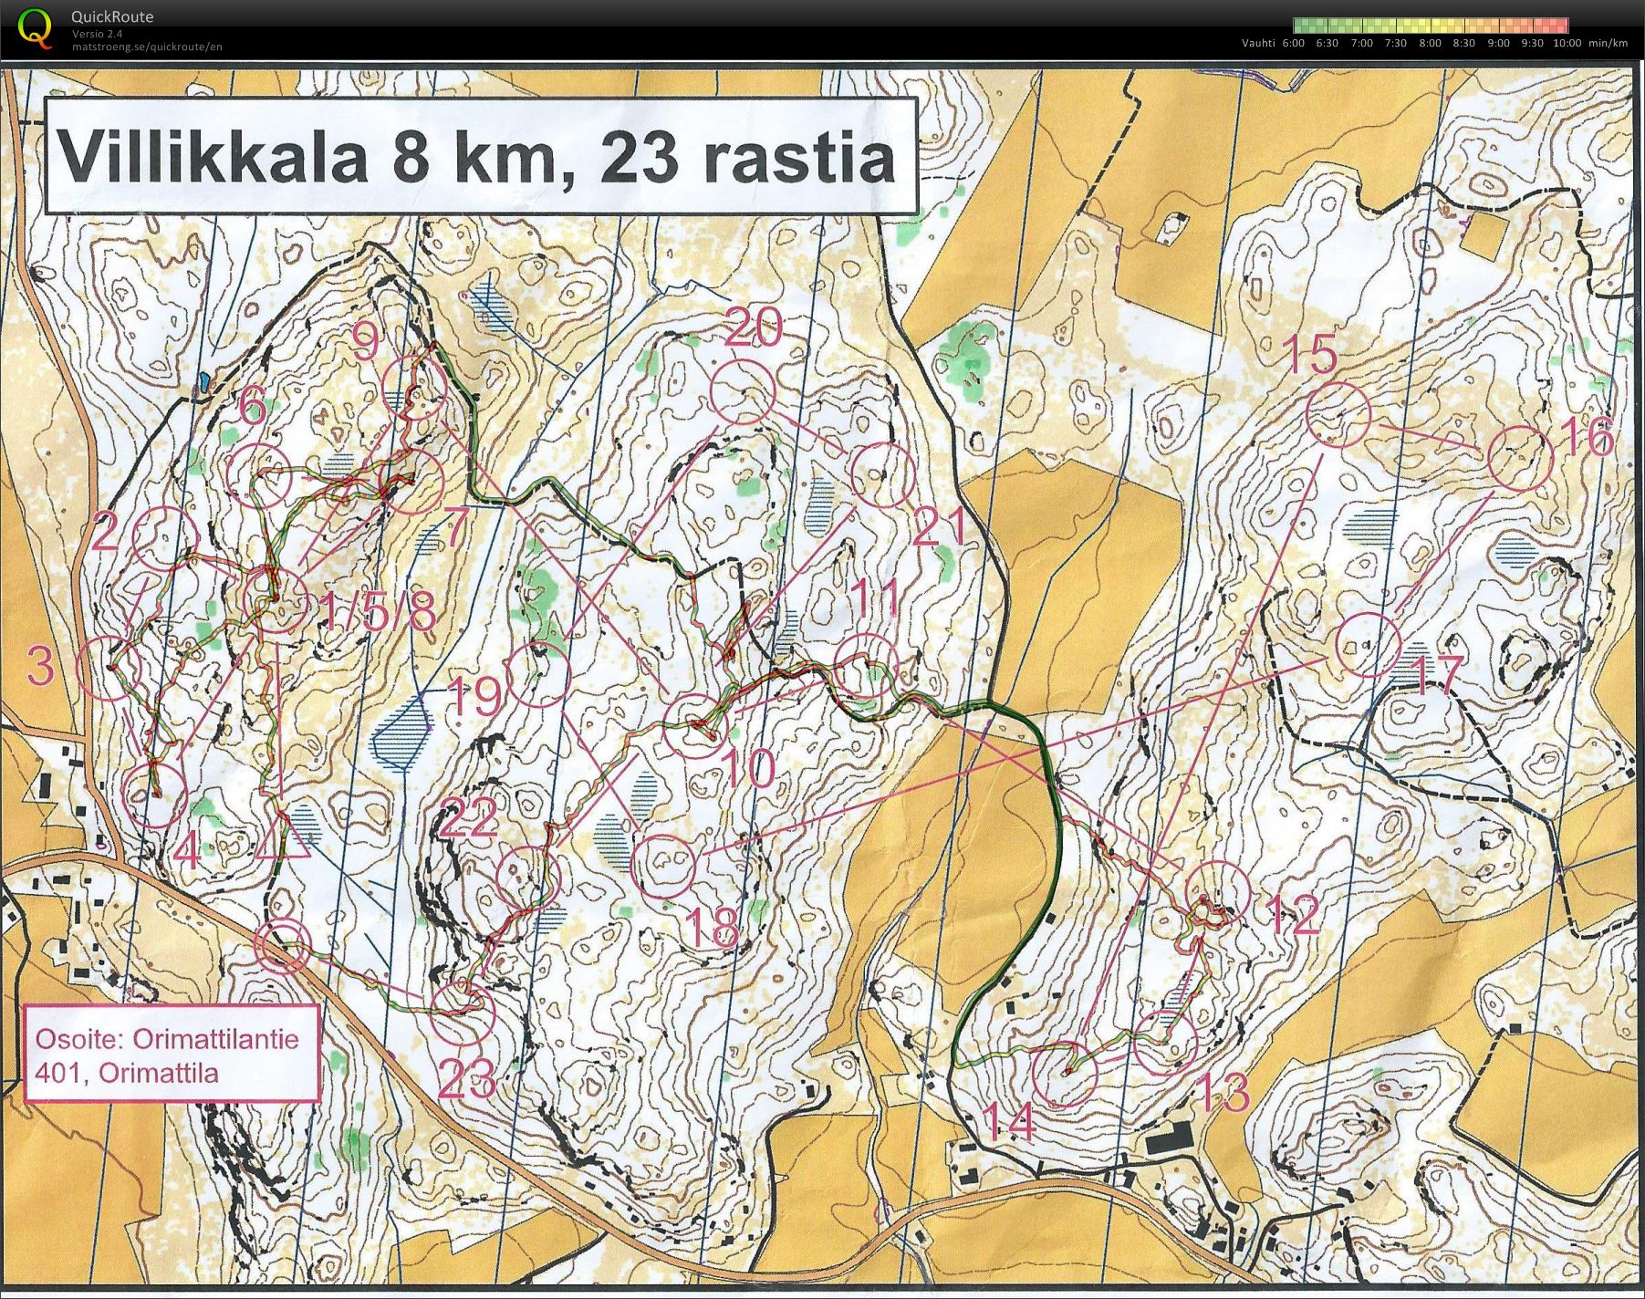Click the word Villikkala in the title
click(x=213, y=157)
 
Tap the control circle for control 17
click(x=1368, y=644)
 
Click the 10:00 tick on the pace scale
click(x=1567, y=43)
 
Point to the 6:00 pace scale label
click(x=1293, y=43)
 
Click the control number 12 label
click(x=1292, y=915)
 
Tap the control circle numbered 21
click(x=882, y=474)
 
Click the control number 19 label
click(x=474, y=697)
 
